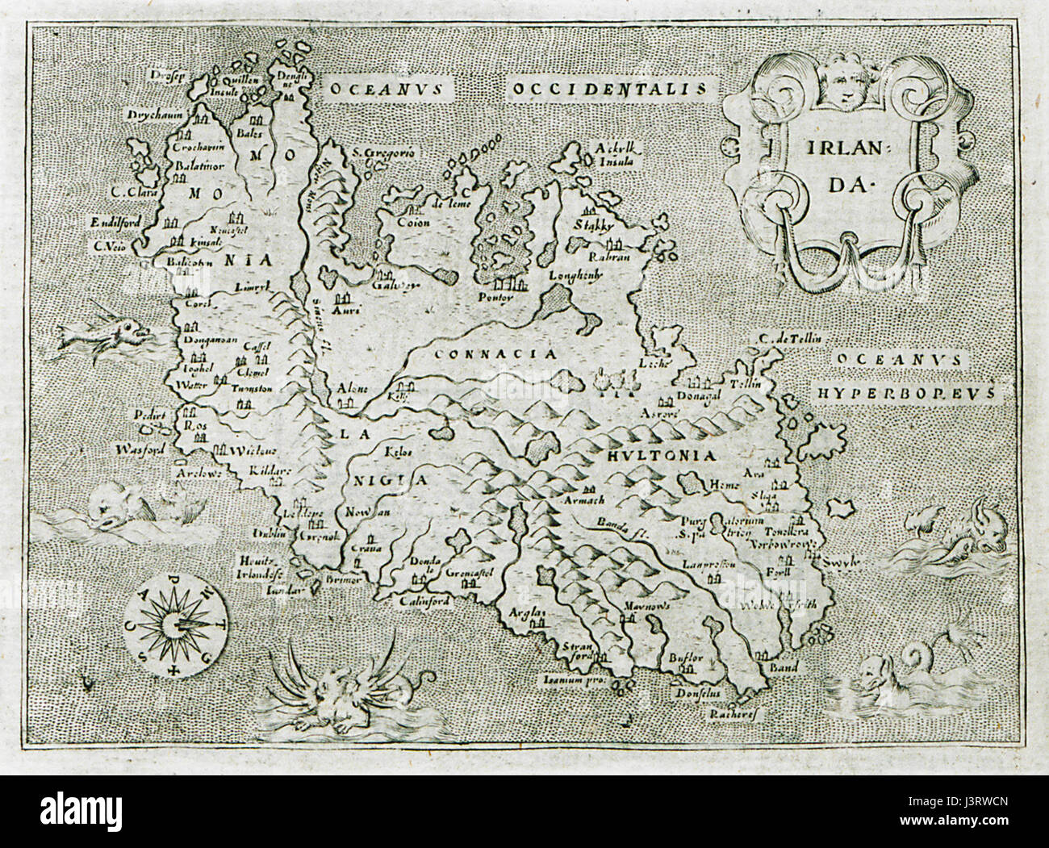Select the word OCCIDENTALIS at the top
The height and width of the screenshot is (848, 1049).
coord(611,87)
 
